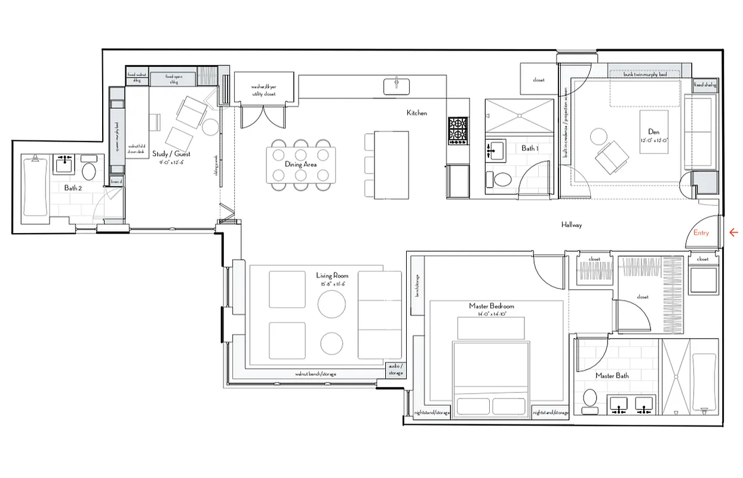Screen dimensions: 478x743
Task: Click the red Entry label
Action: pyautogui.click(x=701, y=233)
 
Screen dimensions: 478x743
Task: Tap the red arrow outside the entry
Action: pyautogui.click(x=733, y=233)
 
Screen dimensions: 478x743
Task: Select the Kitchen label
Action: pyautogui.click(x=417, y=113)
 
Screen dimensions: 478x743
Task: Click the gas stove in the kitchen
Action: pyautogui.click(x=458, y=131)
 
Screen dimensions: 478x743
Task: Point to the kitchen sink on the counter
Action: pyautogui.click(x=397, y=85)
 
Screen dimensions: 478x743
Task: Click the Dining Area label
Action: pyautogui.click(x=302, y=164)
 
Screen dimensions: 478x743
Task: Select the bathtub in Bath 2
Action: pyautogui.click(x=35, y=187)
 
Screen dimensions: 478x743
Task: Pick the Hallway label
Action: pyautogui.click(x=571, y=225)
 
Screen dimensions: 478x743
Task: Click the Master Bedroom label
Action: pyautogui.click(x=491, y=307)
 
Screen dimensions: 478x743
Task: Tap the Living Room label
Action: pyautogui.click(x=332, y=275)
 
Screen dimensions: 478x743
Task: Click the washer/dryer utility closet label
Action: pyautogui.click(x=263, y=90)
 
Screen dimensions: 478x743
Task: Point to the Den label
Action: pyautogui.click(x=653, y=131)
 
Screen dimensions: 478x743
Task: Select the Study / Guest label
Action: pyautogui.click(x=171, y=154)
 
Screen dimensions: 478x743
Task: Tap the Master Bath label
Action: pyautogui.click(x=612, y=376)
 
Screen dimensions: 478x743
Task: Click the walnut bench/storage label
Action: pyautogui.click(x=315, y=374)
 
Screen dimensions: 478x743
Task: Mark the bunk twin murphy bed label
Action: pyautogui.click(x=644, y=74)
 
